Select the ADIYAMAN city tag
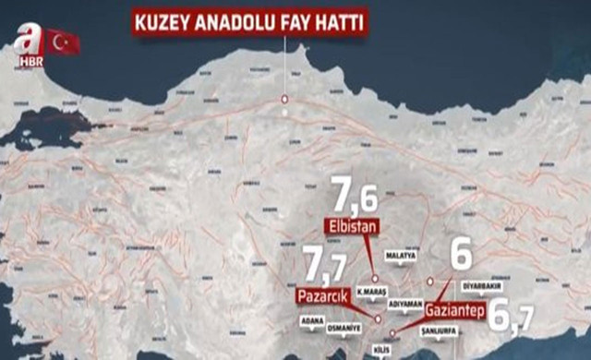click(x=406, y=302)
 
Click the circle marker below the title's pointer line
click(x=285, y=99)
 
